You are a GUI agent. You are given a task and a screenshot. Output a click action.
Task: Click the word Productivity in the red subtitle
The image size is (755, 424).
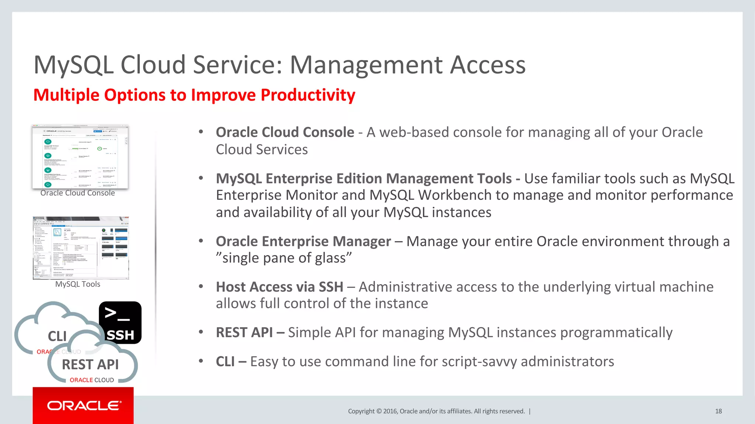click(308, 95)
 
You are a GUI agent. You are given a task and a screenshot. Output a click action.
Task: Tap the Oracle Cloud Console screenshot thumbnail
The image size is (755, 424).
click(80, 157)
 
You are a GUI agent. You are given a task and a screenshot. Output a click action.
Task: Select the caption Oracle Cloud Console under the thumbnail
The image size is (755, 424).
click(77, 193)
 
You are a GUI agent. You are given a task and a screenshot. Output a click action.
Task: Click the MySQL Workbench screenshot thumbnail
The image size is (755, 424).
click(81, 248)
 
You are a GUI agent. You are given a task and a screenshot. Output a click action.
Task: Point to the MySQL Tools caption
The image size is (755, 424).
click(77, 284)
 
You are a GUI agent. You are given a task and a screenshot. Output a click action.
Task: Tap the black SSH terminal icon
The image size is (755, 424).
click(120, 323)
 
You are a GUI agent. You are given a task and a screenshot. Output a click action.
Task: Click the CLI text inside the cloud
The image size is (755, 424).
click(57, 336)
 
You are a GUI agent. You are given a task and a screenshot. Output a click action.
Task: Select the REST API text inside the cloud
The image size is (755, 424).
click(90, 364)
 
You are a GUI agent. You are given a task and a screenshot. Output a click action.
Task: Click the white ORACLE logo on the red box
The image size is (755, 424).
click(84, 406)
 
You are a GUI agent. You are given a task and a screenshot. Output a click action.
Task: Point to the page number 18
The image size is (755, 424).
click(718, 411)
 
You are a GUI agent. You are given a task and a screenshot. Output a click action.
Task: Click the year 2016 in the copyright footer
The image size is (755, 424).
click(390, 411)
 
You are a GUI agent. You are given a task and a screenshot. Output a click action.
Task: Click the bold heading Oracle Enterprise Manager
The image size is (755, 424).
click(303, 242)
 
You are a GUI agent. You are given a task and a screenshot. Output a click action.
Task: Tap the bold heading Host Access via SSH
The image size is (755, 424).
click(279, 287)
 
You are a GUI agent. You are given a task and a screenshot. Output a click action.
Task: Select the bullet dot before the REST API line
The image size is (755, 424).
click(201, 332)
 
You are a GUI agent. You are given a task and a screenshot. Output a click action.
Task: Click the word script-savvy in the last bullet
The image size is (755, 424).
click(479, 362)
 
